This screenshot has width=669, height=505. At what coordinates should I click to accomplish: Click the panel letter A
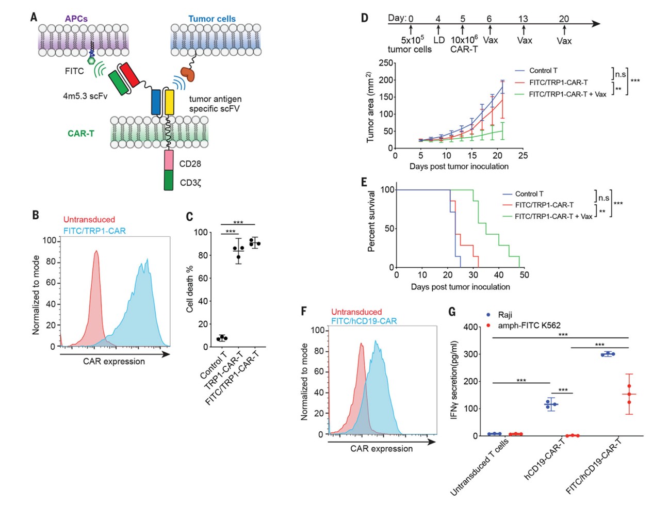pyautogui.click(x=34, y=17)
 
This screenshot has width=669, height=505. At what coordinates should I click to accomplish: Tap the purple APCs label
pyautogui.click(x=76, y=19)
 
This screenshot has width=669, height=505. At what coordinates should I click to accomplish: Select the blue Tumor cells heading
pyautogui.click(x=211, y=19)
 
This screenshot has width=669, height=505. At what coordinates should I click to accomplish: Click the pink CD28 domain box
pyautogui.click(x=169, y=160)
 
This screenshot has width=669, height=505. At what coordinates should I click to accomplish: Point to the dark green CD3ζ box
pyautogui.click(x=169, y=180)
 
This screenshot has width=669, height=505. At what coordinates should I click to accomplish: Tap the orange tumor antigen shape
pyautogui.click(x=187, y=74)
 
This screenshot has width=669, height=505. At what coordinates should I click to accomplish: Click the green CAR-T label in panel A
pyautogui.click(x=81, y=134)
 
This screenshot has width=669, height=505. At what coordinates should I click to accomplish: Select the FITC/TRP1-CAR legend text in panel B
pyautogui.click(x=94, y=231)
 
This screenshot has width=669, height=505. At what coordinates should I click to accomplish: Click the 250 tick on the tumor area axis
pyautogui.click(x=386, y=63)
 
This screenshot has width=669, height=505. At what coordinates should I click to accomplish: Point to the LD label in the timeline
pyautogui.click(x=439, y=40)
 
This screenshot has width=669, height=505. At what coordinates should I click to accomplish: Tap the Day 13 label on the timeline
pyautogui.click(x=523, y=19)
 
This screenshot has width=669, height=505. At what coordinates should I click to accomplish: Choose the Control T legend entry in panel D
pyautogui.click(x=543, y=71)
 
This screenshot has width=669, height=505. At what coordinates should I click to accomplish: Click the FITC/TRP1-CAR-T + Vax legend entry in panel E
pyautogui.click(x=553, y=217)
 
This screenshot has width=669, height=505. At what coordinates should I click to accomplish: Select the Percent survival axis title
pyautogui.click(x=371, y=221)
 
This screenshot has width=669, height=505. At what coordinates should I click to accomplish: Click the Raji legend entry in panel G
pyautogui.click(x=505, y=315)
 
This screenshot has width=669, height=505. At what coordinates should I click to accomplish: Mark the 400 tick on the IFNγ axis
pyautogui.click(x=470, y=327)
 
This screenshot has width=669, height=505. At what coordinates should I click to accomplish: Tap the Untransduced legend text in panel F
pyautogui.click(x=356, y=312)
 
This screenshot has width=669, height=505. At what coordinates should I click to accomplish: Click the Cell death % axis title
pyautogui.click(x=190, y=289)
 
